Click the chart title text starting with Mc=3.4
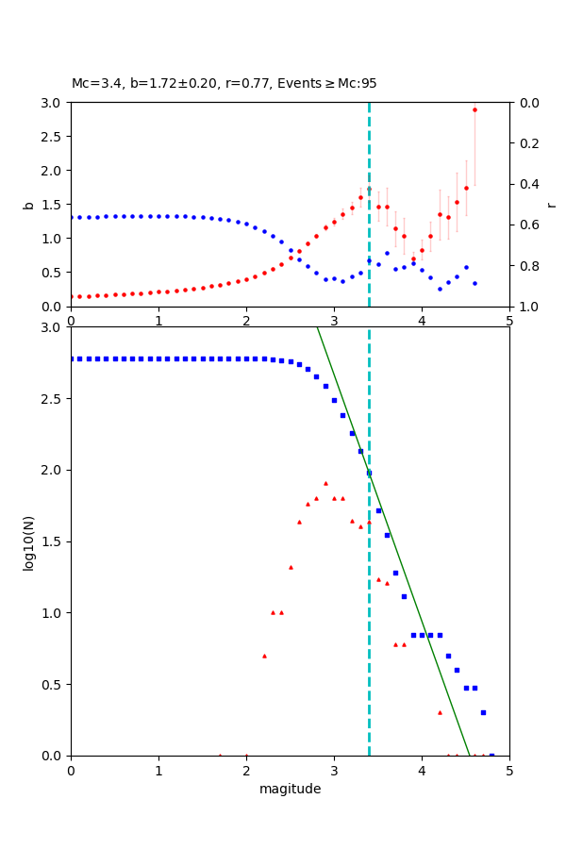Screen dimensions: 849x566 [x=224, y=84]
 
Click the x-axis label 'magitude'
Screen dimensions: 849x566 [x=290, y=790]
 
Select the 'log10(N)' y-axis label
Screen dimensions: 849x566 [x=28, y=541]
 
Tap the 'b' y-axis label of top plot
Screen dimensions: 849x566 [x=28, y=205]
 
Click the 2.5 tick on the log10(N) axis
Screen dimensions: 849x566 [x=55, y=399]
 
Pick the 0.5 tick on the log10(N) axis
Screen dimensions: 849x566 [x=55, y=685]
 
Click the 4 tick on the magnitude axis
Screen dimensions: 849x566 [x=422, y=770]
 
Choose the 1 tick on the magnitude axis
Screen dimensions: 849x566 [x=158, y=770]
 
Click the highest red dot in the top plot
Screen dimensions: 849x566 [x=474, y=109]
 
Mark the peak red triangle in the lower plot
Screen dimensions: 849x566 [x=325, y=483]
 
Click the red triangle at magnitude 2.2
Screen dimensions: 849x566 [x=264, y=656]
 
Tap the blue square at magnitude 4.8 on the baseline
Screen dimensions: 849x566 [x=491, y=755]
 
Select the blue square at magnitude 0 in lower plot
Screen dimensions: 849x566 [x=72, y=358]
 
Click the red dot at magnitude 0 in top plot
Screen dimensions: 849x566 [x=72, y=296]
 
